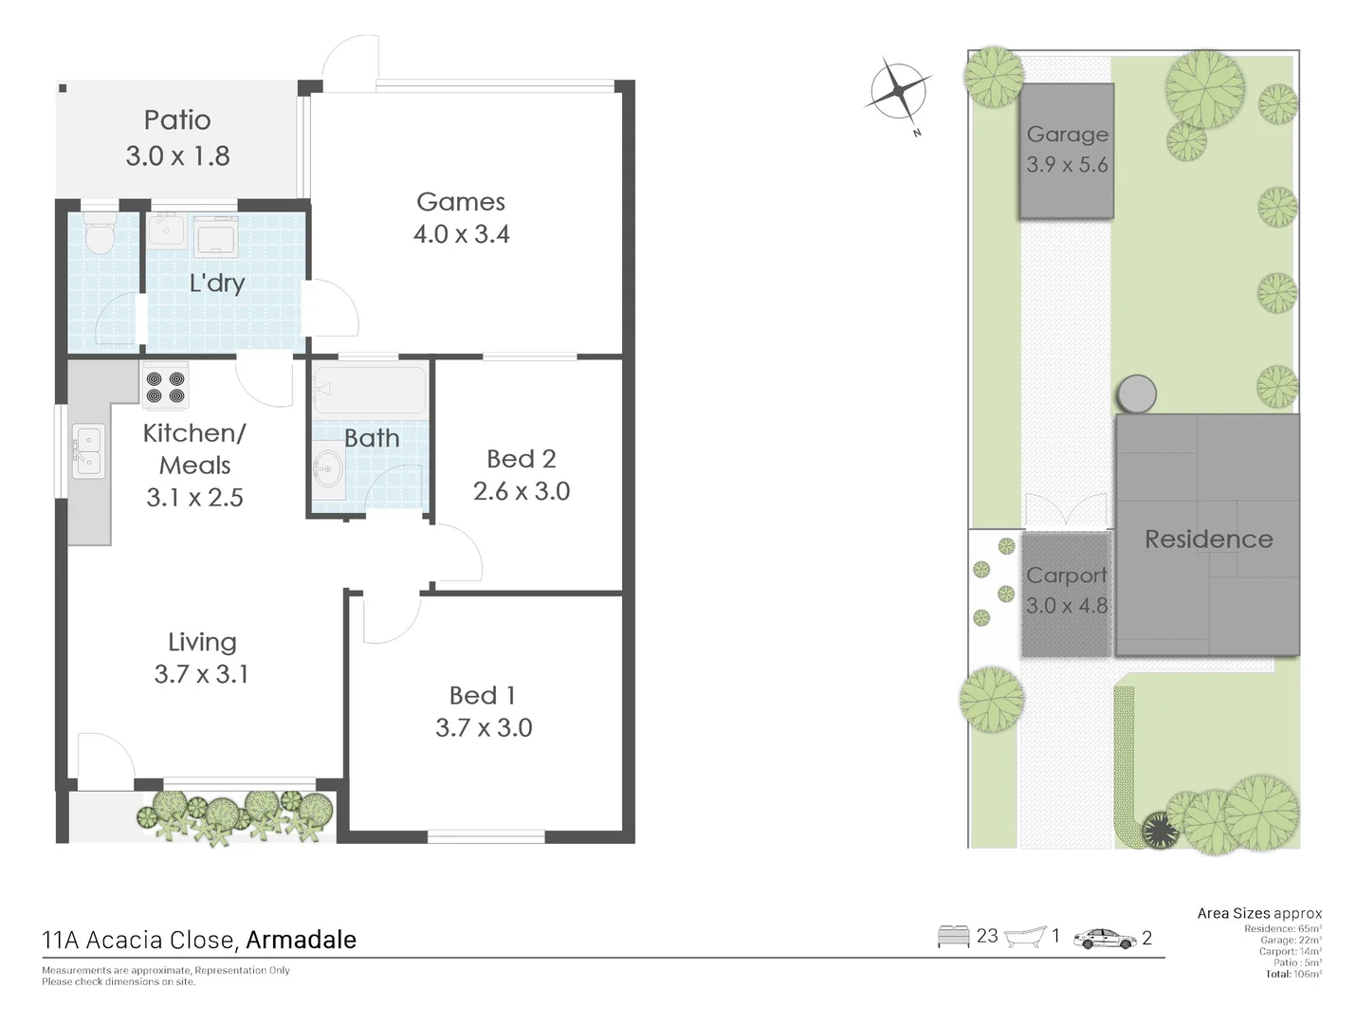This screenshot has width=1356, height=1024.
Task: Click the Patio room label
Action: tap(177, 120)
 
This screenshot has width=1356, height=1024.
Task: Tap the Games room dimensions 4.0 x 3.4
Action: tap(461, 234)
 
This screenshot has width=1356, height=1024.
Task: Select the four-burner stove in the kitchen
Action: tap(165, 387)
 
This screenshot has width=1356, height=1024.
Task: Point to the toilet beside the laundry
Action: tap(99, 233)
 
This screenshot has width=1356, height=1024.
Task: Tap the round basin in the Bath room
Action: tap(329, 467)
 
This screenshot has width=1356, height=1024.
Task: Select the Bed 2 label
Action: tap(521, 459)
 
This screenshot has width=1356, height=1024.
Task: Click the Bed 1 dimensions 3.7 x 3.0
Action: tap(484, 728)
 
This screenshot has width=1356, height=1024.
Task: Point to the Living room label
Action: tap(202, 642)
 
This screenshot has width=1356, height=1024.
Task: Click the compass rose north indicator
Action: tap(897, 93)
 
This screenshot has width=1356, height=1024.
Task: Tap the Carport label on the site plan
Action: tap(1066, 576)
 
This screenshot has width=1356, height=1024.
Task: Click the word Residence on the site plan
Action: tap(1208, 539)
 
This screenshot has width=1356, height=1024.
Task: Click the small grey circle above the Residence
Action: tap(1136, 393)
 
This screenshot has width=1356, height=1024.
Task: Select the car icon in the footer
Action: tap(1105, 939)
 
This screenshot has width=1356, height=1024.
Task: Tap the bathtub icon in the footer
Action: tap(1024, 937)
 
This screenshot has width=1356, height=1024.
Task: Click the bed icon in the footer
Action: tap(953, 937)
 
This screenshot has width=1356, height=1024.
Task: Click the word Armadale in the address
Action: tap(301, 940)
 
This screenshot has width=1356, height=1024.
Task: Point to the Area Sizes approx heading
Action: tap(1258, 913)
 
